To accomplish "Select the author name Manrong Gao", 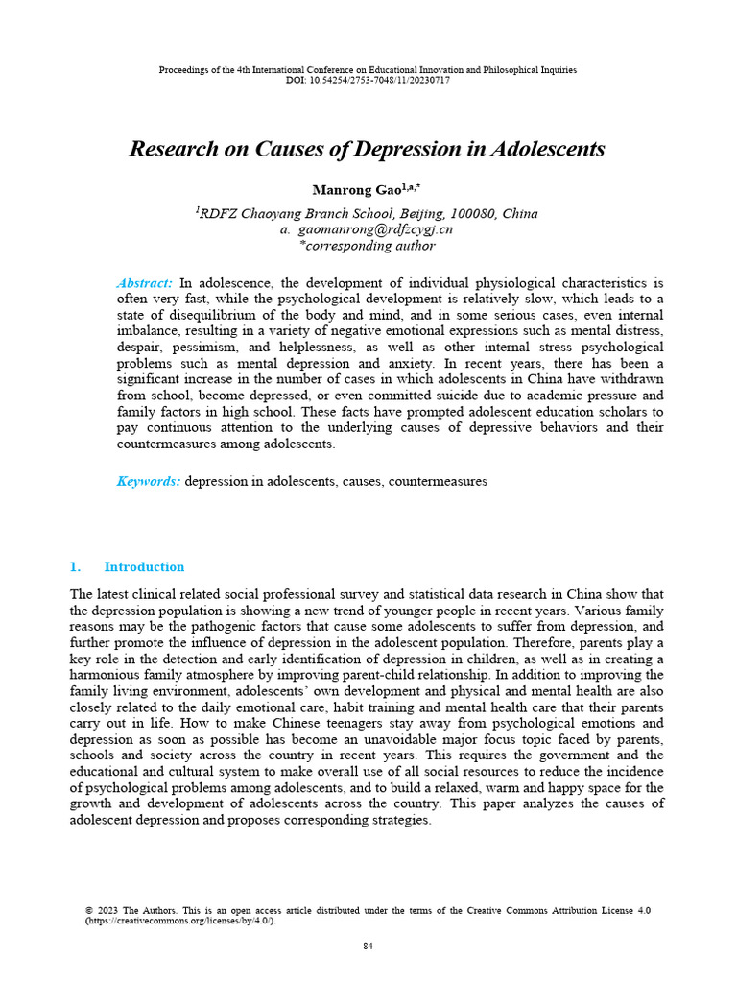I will click(x=346, y=190).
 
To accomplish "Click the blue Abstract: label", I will click(x=144, y=283).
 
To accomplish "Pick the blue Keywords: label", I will click(x=148, y=481).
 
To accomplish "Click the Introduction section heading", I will click(x=144, y=566).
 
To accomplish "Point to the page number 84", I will click(x=368, y=946).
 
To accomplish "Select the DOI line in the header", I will click(x=368, y=80).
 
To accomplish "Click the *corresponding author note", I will click(x=368, y=246).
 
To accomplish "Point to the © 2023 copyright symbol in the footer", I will click(x=89, y=910).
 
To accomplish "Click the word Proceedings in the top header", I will click(x=182, y=70).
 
